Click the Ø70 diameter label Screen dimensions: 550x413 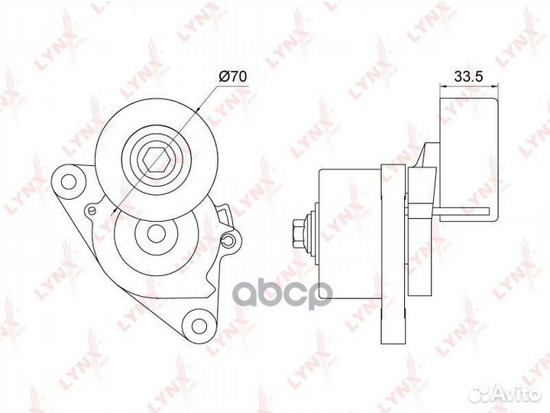coord(232,76)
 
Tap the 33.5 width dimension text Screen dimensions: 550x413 coord(468,76)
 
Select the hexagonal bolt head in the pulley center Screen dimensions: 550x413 coord(156,160)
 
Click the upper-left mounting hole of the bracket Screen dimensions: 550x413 coord(69,182)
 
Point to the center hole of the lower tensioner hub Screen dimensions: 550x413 coord(157,234)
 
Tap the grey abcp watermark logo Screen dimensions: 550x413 coord(283,295)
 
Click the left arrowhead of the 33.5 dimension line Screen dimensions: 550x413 coord(443,85)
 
